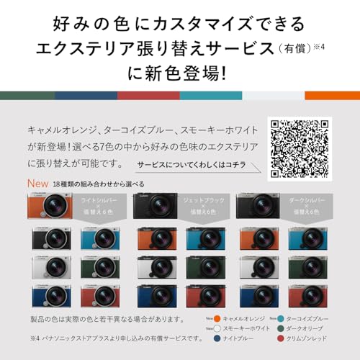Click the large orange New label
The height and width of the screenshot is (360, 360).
(x=37, y=184)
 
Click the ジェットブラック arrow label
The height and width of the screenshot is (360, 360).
(x=200, y=205)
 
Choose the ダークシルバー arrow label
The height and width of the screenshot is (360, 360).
(x=306, y=205)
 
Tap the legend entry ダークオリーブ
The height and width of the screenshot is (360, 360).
(x=310, y=328)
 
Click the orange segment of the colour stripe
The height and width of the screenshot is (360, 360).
(x=332, y=95)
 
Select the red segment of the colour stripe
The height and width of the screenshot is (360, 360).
(x=148, y=95)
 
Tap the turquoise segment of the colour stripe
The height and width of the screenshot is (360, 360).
(x=210, y=95)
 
